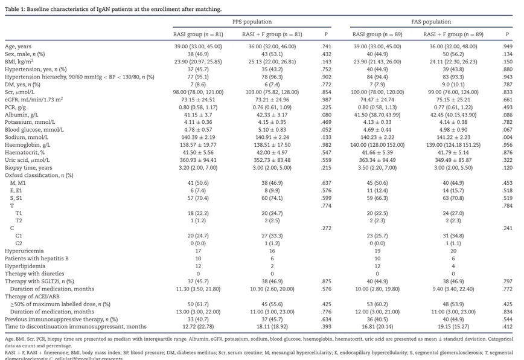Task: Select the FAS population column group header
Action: [431, 22]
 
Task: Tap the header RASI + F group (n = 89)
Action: [453, 34]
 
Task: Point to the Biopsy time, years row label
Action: [28, 168]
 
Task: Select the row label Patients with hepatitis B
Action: [37, 258]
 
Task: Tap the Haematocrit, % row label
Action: [25, 153]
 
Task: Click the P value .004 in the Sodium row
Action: [507, 138]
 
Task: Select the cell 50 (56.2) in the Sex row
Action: [453, 54]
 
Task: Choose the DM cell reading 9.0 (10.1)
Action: [453, 85]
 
